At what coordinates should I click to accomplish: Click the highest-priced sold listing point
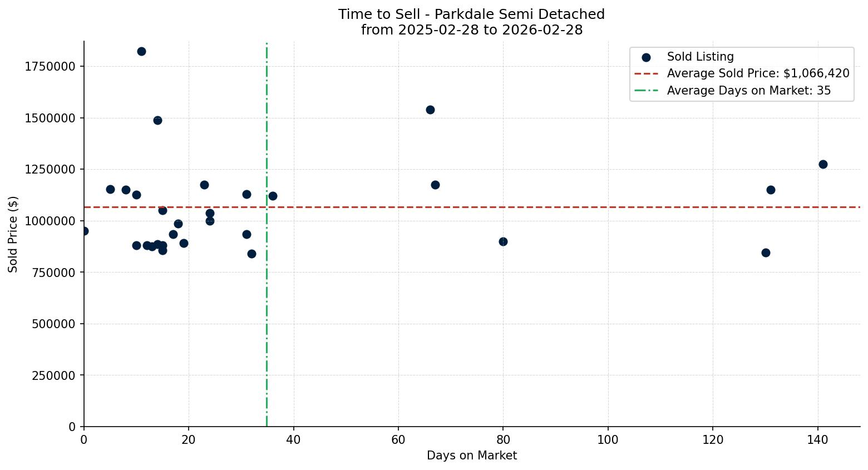(141, 52)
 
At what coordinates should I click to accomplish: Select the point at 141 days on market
(822, 164)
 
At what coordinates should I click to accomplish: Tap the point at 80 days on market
(503, 241)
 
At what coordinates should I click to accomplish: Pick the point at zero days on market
(84, 231)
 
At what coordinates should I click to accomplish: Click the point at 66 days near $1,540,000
(430, 110)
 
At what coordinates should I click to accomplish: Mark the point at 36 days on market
(273, 196)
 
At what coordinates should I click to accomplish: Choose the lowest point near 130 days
(766, 253)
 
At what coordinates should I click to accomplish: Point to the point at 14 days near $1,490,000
(157, 120)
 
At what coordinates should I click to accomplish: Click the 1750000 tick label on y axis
(50, 66)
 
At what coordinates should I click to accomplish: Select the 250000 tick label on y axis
(53, 375)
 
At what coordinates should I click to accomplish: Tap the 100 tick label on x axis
(608, 440)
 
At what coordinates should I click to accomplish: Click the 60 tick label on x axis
(398, 440)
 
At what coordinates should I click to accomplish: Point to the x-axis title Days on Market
(471, 456)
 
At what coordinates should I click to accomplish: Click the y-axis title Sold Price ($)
(13, 234)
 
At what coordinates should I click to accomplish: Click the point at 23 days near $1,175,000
(204, 185)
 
